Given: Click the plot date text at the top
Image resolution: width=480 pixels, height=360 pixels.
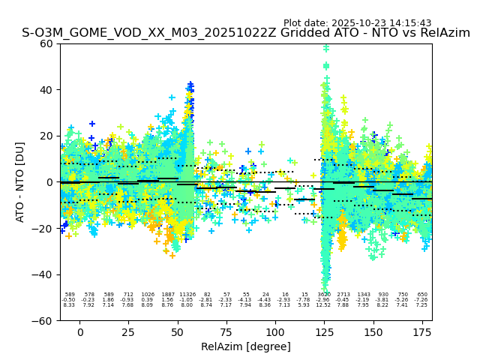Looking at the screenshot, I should tap(357, 23).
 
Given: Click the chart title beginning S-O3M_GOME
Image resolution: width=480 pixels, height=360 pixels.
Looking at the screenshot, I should tap(245, 33).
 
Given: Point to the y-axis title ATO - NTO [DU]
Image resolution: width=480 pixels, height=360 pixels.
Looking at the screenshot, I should tap(20, 182).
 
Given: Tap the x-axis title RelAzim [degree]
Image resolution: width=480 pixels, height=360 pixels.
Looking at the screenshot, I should tap(245, 346).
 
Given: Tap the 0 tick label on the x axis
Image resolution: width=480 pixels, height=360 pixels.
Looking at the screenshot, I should tap(80, 331).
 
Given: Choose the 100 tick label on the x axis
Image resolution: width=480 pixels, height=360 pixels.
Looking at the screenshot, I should tap(275, 331).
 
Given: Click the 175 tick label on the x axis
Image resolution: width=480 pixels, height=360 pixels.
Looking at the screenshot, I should tap(422, 331).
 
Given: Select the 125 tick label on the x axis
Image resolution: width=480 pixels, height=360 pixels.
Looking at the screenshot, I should tap(325, 331).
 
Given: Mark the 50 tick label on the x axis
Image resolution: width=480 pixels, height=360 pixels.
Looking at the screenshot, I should tap(178, 331).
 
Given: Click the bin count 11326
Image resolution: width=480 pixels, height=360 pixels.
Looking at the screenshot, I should tap(187, 295).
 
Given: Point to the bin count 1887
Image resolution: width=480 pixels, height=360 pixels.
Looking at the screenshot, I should tap(167, 295).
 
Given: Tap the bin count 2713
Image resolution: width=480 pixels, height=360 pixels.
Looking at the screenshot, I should tap(343, 295).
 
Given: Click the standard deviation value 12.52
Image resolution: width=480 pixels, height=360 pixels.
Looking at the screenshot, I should tap(324, 305).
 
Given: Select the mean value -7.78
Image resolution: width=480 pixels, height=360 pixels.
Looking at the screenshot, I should tap(303, 300).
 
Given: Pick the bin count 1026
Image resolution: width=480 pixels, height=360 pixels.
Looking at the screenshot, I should tap(148, 295).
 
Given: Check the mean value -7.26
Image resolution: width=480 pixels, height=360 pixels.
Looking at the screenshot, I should tap(421, 300).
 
